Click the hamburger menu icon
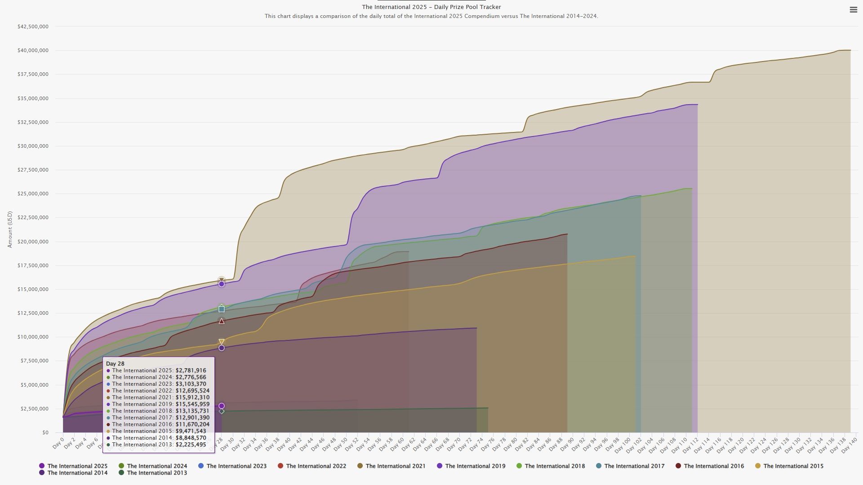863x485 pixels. tap(853, 10)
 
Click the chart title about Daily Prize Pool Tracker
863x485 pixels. tap(431, 7)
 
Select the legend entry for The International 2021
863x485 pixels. tap(391, 466)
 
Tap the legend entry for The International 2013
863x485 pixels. tap(152, 473)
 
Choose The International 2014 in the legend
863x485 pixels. tap(73, 473)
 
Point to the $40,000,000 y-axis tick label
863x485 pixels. tap(33, 51)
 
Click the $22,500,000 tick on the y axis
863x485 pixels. tap(33, 218)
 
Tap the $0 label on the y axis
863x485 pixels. tap(45, 433)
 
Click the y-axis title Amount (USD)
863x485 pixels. tap(10, 229)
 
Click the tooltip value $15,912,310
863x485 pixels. tap(192, 397)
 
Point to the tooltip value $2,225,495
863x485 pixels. tap(191, 445)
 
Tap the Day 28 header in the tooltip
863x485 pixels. tap(115, 364)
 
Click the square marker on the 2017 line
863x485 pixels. tap(222, 309)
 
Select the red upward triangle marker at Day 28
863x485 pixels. tap(222, 321)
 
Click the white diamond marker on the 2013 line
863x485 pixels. tap(222, 411)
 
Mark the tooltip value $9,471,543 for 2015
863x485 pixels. tap(191, 431)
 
